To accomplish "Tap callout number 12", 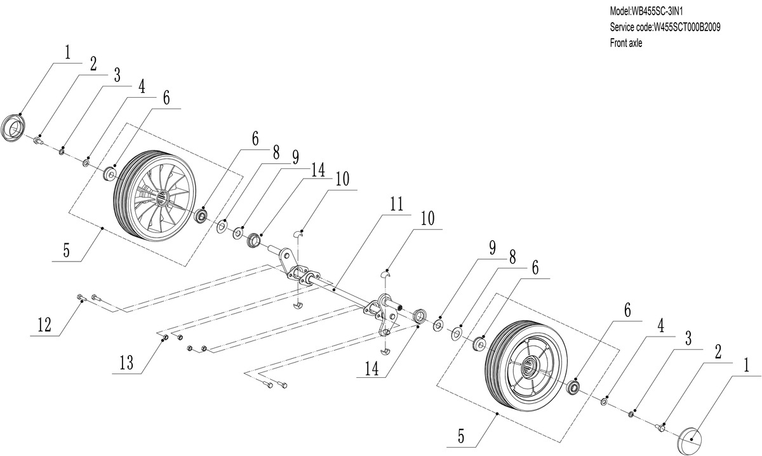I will tap(44, 324).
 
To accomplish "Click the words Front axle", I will tap(625, 43).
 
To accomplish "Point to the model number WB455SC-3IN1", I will tap(664, 11).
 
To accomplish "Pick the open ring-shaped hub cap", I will tap(15, 126).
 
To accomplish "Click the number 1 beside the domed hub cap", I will tap(745, 365).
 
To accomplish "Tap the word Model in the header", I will tap(619, 11).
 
